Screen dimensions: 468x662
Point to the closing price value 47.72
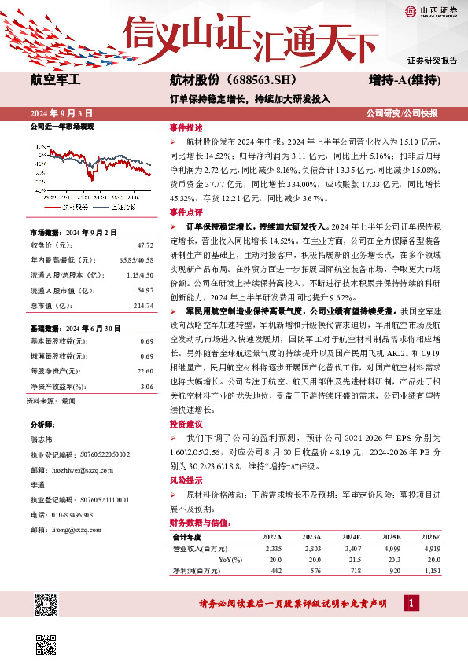pos(144,245)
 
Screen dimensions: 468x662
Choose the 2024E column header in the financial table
pos(343,536)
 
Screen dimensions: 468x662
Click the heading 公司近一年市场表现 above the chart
pos(61,126)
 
